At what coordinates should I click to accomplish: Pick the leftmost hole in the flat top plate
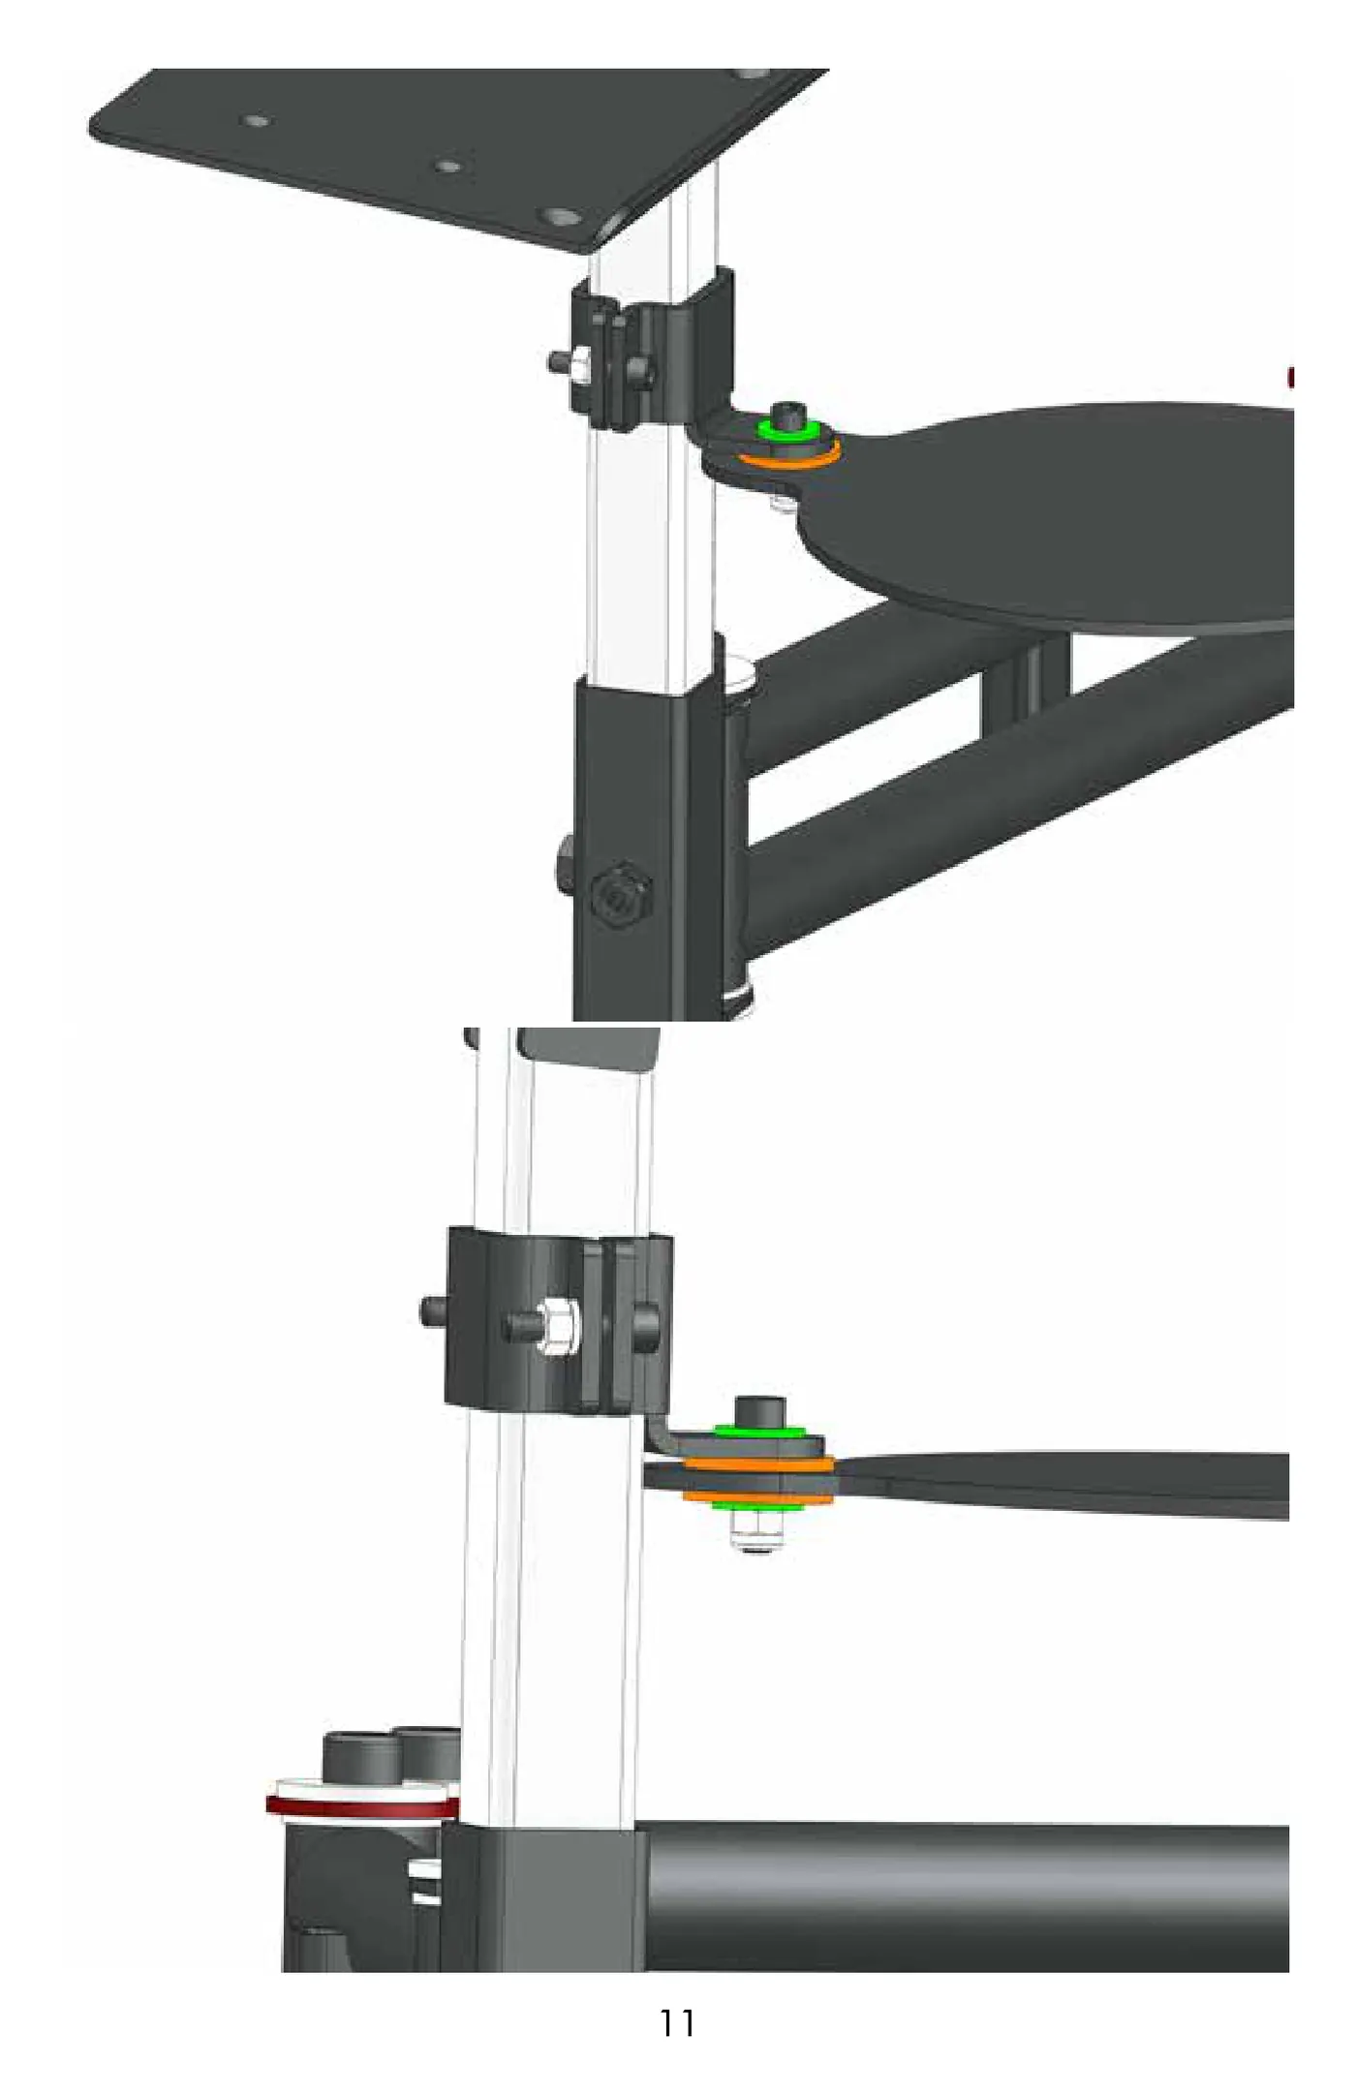[256, 121]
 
